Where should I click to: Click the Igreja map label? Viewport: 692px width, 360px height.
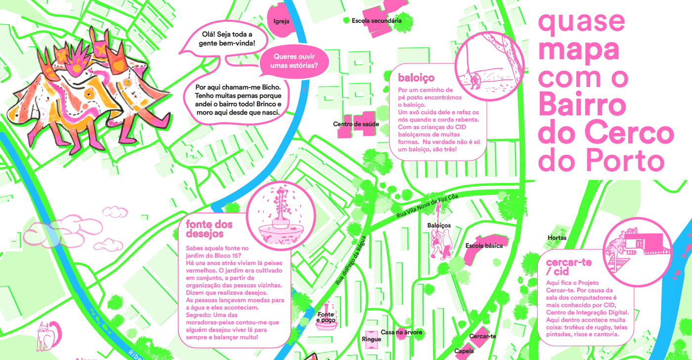click(281, 21)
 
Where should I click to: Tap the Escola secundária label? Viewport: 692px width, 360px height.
click(377, 21)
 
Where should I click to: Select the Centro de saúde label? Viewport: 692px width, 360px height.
click(356, 124)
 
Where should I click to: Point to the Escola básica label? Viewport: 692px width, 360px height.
click(484, 246)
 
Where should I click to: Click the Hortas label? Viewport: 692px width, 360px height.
click(557, 238)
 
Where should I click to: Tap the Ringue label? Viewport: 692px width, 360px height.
click(371, 339)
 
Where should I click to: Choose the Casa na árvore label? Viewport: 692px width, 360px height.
click(401, 332)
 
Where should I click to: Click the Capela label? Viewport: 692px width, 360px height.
click(464, 351)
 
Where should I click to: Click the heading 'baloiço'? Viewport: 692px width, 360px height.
click(416, 78)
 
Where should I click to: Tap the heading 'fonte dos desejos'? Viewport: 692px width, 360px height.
click(209, 229)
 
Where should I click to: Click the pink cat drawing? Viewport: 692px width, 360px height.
click(48, 336)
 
